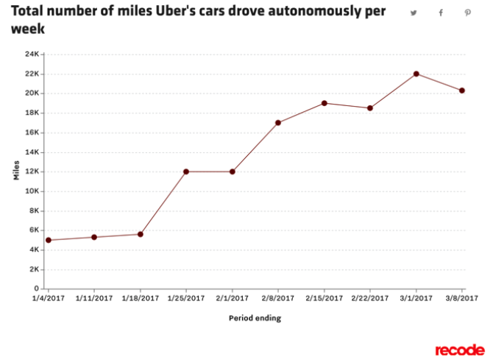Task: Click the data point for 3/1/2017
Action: point(416,74)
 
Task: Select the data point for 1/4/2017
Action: point(49,240)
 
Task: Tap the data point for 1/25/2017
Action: point(186,172)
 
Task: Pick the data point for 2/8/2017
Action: point(278,123)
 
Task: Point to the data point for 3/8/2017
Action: point(462,91)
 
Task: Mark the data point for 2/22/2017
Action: point(370,108)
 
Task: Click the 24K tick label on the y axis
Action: point(32,54)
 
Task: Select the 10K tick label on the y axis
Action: point(32,191)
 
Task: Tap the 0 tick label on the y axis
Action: point(37,289)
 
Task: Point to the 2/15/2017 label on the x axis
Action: point(324,298)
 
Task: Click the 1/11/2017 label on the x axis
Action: point(94,298)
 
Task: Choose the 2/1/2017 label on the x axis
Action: point(233,298)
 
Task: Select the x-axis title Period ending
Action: point(255,318)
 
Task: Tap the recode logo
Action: point(459,349)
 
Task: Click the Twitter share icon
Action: point(414,13)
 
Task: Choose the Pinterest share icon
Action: point(467,13)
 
